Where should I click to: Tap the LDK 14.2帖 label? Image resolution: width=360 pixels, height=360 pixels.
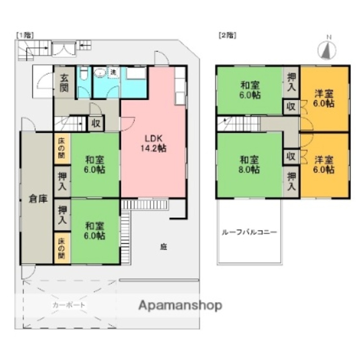point(156,143)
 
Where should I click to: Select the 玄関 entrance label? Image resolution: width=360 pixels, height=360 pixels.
point(64,82)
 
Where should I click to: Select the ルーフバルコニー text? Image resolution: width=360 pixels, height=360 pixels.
point(249,232)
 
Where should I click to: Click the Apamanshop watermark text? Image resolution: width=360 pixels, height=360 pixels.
point(180,306)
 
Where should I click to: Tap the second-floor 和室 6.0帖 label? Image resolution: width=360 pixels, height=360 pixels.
point(250,90)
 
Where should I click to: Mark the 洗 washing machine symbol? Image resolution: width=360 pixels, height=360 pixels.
point(113,72)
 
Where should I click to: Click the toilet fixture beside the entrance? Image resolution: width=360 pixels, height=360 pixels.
point(84,75)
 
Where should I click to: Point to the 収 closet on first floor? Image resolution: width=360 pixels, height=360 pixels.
point(96,124)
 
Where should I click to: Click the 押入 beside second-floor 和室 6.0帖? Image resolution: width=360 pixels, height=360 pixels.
point(292,83)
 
